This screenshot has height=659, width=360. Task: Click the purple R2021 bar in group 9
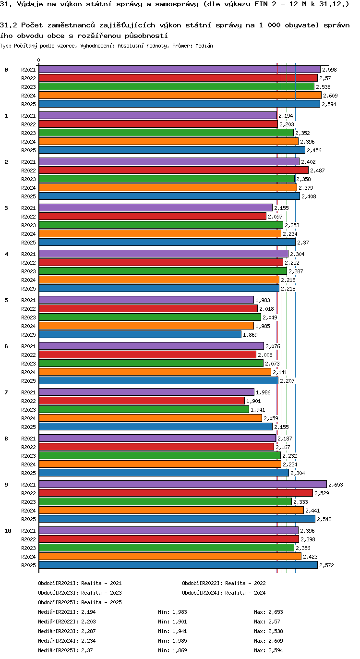tap(183, 484)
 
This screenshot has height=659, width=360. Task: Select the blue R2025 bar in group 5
tap(140, 334)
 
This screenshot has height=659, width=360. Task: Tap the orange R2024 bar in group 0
tap(180, 95)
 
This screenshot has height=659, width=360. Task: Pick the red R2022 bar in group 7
tap(142, 401)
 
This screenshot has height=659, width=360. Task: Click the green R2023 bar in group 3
tap(161, 225)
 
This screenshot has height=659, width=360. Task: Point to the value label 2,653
tap(336, 485)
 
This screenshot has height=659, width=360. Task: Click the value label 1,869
tap(250, 335)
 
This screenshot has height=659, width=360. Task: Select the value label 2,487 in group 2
tap(317, 171)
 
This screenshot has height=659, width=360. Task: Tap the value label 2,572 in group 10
tap(326, 565)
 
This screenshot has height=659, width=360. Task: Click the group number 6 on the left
tap(6, 346)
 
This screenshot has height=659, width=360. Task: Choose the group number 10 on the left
tap(8, 531)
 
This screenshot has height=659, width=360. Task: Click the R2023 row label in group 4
tap(28, 271)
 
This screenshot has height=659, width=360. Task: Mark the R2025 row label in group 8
tap(28, 473)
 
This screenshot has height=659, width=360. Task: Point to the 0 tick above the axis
tap(38, 60)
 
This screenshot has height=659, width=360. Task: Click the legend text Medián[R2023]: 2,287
tap(67, 631)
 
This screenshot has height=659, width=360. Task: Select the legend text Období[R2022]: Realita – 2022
tap(224, 583)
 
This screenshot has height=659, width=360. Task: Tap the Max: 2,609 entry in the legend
tap(268, 641)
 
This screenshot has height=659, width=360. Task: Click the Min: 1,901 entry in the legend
tap(172, 622)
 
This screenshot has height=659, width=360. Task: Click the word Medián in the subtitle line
tap(204, 46)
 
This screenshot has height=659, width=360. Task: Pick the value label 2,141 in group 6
tap(280, 372)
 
